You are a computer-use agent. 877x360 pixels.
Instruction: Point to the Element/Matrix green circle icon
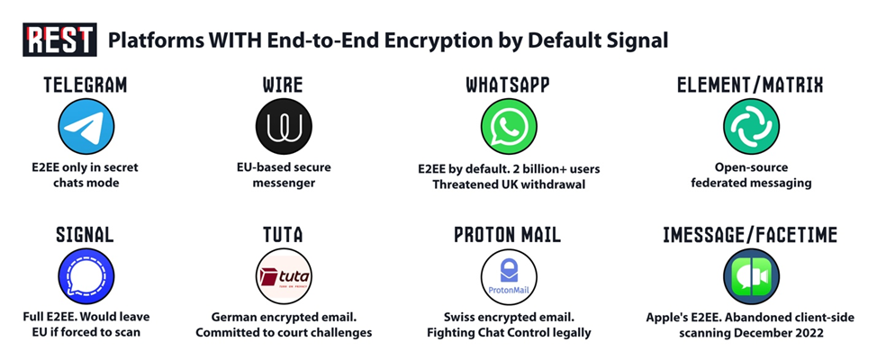click(750, 127)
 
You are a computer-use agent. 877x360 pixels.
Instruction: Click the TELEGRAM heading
click(86, 85)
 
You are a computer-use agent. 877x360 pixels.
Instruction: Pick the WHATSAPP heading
click(508, 85)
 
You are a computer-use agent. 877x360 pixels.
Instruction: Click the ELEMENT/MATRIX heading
click(750, 85)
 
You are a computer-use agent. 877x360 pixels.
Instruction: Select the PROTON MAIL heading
click(508, 235)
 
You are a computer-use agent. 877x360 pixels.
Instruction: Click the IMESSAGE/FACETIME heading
click(750, 235)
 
